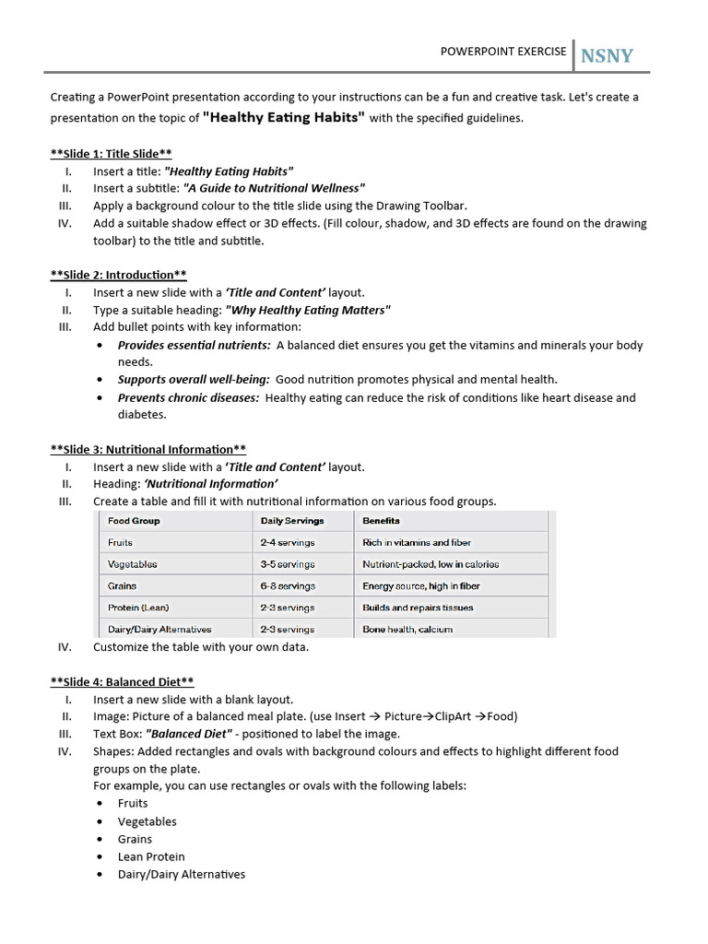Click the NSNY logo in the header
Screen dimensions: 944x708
[607, 56]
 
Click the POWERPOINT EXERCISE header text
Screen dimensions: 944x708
[503, 52]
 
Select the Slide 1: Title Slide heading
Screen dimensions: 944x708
[111, 154]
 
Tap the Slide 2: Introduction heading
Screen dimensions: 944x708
[118, 275]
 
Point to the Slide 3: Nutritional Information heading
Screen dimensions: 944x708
[147, 450]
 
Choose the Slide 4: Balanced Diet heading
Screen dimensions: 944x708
[122, 682]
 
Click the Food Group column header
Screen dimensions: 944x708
[134, 521]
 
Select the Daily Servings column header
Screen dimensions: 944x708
[291, 521]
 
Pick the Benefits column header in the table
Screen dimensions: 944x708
[381, 521]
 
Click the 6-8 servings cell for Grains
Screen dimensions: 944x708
[288, 586]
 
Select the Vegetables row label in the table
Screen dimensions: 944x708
[132, 564]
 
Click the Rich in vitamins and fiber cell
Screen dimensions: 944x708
[417, 543]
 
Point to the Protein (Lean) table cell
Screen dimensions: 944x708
[138, 608]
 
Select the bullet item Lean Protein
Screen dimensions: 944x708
[151, 856]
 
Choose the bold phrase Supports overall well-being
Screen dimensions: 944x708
[194, 379]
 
